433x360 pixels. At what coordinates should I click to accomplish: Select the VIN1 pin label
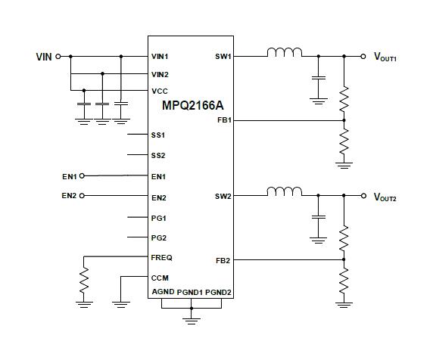click(160, 57)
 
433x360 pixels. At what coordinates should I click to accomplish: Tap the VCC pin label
click(159, 92)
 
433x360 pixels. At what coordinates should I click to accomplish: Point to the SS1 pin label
click(158, 135)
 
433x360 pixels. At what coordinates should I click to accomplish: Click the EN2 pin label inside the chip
click(158, 197)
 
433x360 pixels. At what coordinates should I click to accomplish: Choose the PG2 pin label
click(158, 237)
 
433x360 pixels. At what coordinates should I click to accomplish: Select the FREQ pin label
click(161, 258)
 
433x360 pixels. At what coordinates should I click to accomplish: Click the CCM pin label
click(159, 278)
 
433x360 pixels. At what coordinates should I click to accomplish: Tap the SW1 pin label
click(223, 57)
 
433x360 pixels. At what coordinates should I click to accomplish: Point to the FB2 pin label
click(223, 261)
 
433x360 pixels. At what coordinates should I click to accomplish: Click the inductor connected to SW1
click(284, 53)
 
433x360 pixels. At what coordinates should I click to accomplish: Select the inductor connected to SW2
click(284, 193)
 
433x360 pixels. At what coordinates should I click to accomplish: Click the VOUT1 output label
click(385, 57)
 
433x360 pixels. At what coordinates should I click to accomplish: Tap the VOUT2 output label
click(385, 197)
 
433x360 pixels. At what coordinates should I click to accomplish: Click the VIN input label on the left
click(45, 57)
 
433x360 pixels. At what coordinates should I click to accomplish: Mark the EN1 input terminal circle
click(83, 175)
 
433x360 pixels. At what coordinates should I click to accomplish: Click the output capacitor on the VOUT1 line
click(319, 78)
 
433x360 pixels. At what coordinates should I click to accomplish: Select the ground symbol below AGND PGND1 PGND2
click(192, 319)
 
